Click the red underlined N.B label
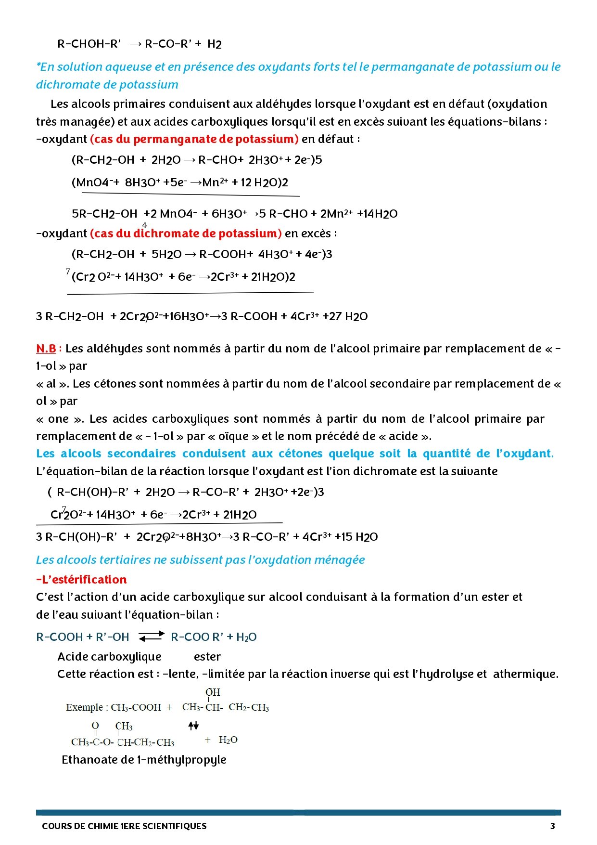46,348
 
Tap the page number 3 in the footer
552,826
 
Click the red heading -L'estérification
81,579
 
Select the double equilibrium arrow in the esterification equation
152,637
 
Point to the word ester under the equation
207,656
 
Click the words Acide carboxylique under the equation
109,656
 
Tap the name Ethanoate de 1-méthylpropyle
144,759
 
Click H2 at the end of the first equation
215,44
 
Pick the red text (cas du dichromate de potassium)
186,234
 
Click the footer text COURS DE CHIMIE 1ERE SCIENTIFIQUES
124,826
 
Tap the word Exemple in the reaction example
84,707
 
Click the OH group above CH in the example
213,692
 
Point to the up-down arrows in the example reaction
193,726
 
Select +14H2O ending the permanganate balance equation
377,214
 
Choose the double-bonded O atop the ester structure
95,726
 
